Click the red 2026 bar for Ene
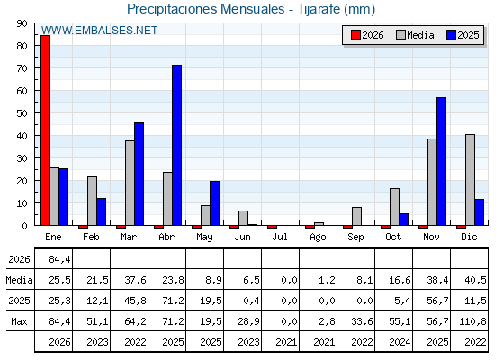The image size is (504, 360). (45, 130)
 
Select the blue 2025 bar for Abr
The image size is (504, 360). (176, 145)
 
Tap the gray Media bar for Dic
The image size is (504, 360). (470, 180)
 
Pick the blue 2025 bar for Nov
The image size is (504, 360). (441, 161)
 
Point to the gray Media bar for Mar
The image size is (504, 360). (130, 183)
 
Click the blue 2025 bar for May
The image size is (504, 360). (215, 203)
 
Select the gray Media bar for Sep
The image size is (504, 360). (356, 216)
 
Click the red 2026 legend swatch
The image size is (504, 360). (355, 35)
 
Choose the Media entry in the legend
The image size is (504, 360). (415, 35)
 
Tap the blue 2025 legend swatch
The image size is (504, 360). (451, 35)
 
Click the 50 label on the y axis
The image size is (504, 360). (22, 113)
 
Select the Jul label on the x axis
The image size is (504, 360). (280, 237)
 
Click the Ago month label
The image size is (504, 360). (318, 238)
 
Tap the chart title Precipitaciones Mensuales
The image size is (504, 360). (206, 9)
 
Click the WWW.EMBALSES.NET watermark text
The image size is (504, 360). (99, 31)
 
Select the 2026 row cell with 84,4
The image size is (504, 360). (59, 259)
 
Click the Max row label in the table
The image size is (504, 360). (19, 321)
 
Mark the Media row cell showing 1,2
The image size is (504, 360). (327, 280)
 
